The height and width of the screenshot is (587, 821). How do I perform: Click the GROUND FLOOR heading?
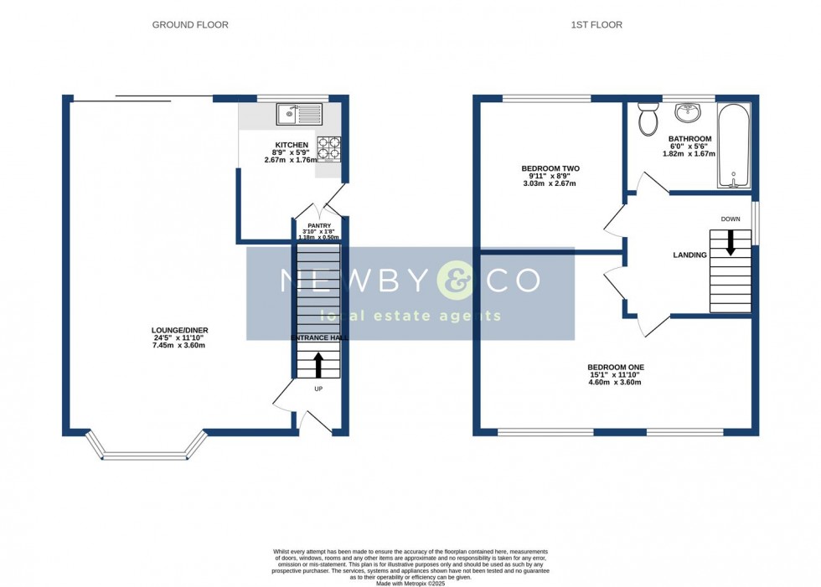pos(190,25)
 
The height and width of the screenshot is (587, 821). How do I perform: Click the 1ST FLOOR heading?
pos(596,25)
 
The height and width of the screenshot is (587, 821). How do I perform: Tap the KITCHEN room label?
pos(286,145)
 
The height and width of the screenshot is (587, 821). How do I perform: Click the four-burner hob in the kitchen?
pos(328,148)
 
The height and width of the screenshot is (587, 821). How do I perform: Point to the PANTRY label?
pos(319,225)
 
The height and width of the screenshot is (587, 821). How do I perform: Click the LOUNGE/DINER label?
pos(180,331)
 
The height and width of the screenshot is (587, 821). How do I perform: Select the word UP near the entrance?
pos(318,389)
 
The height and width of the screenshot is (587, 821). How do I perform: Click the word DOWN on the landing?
pos(731,219)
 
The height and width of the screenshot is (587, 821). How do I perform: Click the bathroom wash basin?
pos(688,111)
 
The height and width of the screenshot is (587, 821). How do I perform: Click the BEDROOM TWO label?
pos(550,168)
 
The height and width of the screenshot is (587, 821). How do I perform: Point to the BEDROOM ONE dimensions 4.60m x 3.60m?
pos(616,383)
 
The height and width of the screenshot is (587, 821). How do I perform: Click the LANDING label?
pos(689,255)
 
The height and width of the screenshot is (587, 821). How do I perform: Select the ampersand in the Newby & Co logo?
pos(456,281)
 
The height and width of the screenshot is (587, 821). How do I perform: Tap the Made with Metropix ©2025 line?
pos(410,584)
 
